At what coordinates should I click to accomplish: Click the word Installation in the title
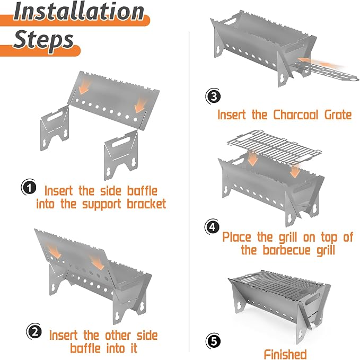79,12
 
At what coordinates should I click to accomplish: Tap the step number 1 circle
29,187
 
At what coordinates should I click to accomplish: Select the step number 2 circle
34,332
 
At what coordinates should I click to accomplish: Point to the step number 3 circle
213,96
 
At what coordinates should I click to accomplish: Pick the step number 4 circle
213,227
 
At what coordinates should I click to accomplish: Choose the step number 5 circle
213,341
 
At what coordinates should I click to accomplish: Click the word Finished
285,354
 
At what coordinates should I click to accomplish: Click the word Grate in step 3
338,115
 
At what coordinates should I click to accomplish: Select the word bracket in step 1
146,204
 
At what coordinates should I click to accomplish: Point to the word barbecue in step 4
286,250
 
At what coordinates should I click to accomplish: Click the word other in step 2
118,335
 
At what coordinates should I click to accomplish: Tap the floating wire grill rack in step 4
274,147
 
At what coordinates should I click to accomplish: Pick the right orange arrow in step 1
141,105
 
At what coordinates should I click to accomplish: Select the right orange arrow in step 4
295,171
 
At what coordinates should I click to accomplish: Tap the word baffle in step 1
142,191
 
